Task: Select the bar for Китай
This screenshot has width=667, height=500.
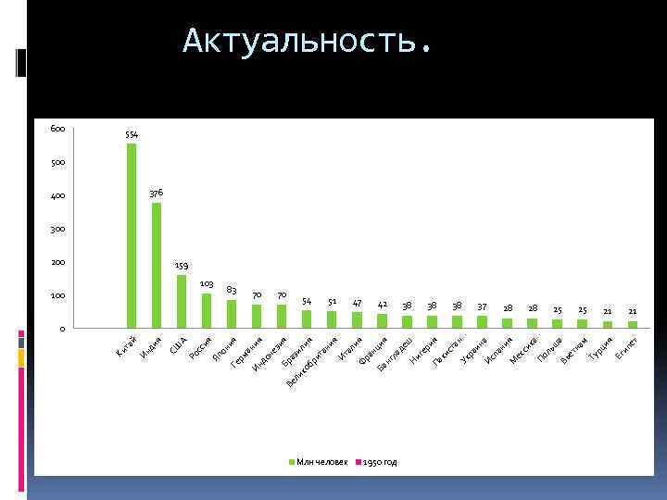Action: [x=132, y=235]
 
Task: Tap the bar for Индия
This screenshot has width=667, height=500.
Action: [x=157, y=265]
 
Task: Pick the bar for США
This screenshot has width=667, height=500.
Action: [x=182, y=301]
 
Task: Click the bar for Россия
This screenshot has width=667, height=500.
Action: [x=207, y=310]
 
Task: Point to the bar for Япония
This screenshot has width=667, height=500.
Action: [x=232, y=314]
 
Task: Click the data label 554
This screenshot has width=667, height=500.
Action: [x=132, y=135]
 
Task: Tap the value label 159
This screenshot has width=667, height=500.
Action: [x=182, y=266]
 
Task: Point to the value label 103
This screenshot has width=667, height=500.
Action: [x=207, y=282]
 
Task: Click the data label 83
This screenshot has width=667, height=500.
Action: [x=232, y=290]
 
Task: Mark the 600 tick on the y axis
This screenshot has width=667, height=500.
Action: [x=57, y=130]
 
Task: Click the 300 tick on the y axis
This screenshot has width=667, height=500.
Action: [x=57, y=229]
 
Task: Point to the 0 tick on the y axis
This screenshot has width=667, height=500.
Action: [x=61, y=329]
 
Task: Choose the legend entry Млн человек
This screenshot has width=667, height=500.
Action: [x=321, y=461]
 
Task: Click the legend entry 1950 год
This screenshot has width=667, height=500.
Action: [x=378, y=461]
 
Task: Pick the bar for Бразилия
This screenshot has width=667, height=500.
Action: [x=307, y=319]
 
